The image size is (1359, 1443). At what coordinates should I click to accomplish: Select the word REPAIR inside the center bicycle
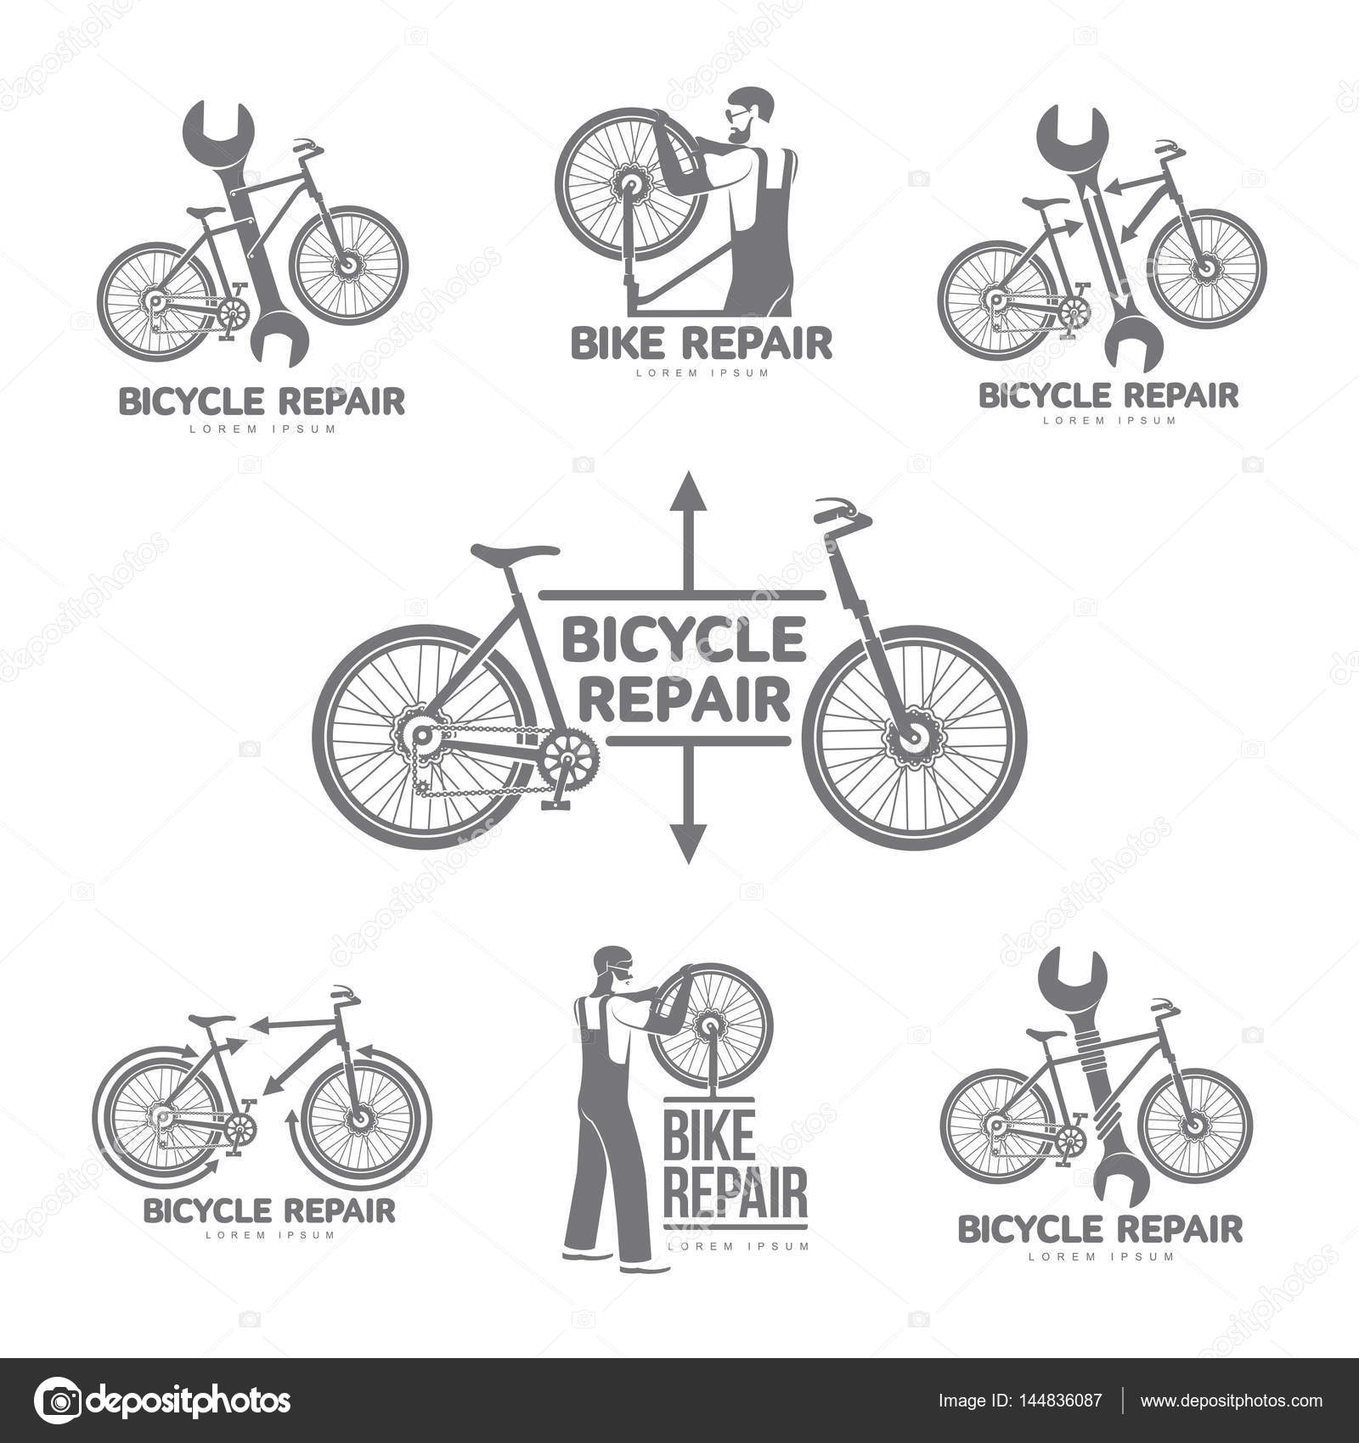tap(690, 701)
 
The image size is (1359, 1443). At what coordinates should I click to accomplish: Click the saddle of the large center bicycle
tap(516, 553)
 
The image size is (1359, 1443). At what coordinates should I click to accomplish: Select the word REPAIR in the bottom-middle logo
tap(734, 1196)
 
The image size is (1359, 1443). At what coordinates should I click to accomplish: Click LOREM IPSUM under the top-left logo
tap(262, 429)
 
